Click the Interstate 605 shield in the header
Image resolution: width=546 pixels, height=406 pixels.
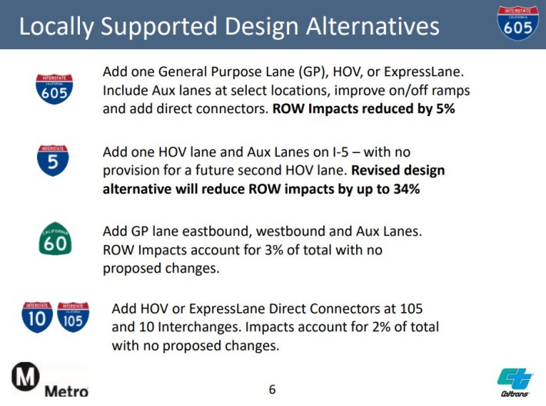[x=518, y=23]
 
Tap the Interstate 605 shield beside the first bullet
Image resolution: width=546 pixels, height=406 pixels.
[x=54, y=88]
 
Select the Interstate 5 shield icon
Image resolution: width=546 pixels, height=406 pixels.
[x=53, y=160]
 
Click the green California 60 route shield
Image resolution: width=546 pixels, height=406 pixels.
[x=55, y=239]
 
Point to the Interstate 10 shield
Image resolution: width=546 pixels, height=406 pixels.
[x=37, y=317]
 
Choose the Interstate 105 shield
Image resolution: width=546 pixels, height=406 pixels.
[x=73, y=317]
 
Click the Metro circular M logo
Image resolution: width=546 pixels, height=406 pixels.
[x=25, y=377]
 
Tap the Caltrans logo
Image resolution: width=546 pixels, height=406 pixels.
[x=515, y=382]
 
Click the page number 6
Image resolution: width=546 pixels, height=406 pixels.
[x=272, y=389]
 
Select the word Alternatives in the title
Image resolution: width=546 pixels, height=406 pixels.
[x=373, y=26]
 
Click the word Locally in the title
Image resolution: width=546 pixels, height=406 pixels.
[x=57, y=27]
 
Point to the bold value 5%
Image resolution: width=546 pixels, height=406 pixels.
[x=445, y=108]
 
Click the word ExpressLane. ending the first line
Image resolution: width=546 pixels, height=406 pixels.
[x=424, y=72]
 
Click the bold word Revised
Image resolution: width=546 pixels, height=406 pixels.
[x=374, y=170]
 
